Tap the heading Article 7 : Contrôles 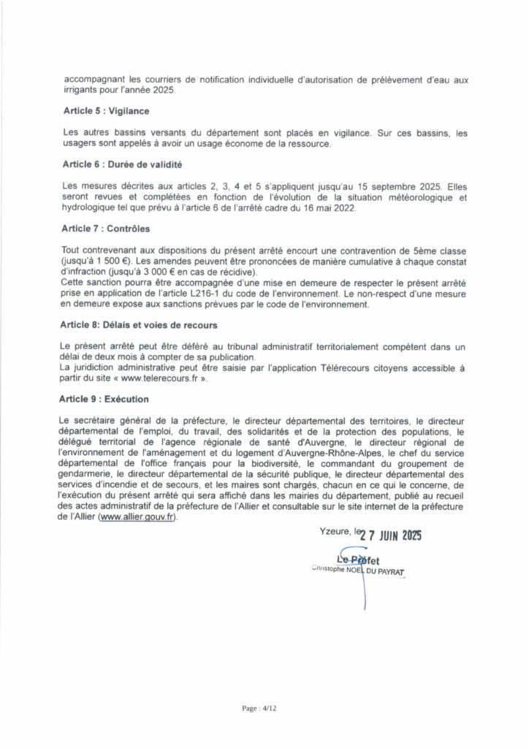coord(102,229)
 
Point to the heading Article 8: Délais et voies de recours coord(132,323)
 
